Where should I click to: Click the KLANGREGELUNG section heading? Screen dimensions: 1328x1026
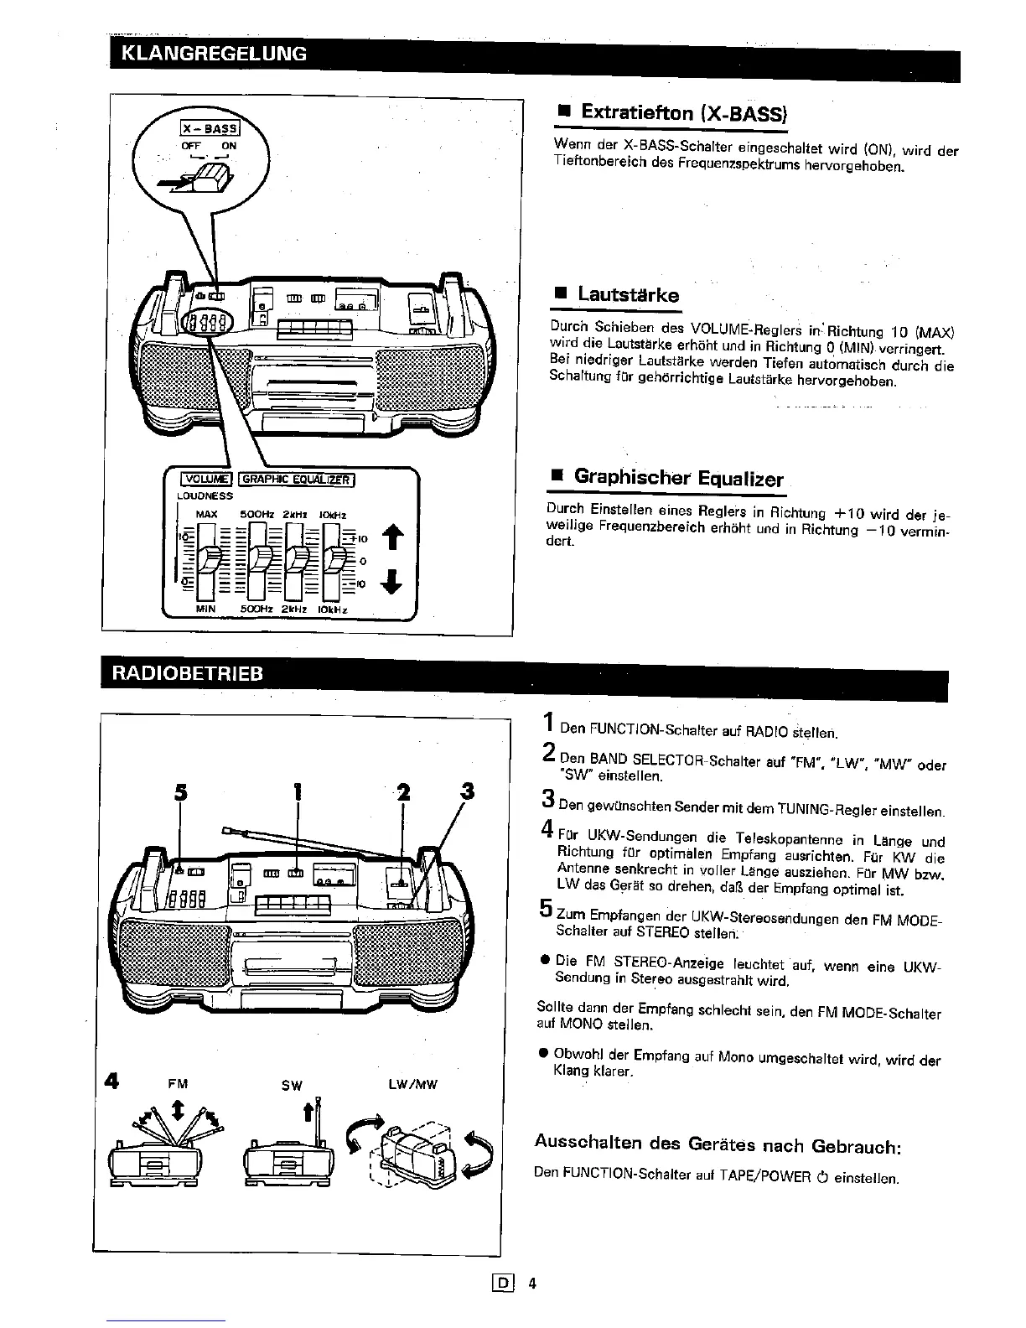(x=215, y=54)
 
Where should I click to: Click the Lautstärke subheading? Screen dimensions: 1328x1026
(x=628, y=295)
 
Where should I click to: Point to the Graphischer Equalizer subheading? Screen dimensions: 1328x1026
(x=678, y=478)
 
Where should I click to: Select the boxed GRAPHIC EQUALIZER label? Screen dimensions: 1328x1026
(x=298, y=480)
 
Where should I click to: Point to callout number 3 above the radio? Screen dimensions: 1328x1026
(x=467, y=791)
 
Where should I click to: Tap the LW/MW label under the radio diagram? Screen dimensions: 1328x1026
(x=412, y=1084)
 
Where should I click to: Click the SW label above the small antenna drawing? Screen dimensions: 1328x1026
(x=292, y=1086)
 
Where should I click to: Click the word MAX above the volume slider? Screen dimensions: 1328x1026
(x=206, y=515)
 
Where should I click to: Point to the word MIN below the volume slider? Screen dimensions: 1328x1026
(x=205, y=610)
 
